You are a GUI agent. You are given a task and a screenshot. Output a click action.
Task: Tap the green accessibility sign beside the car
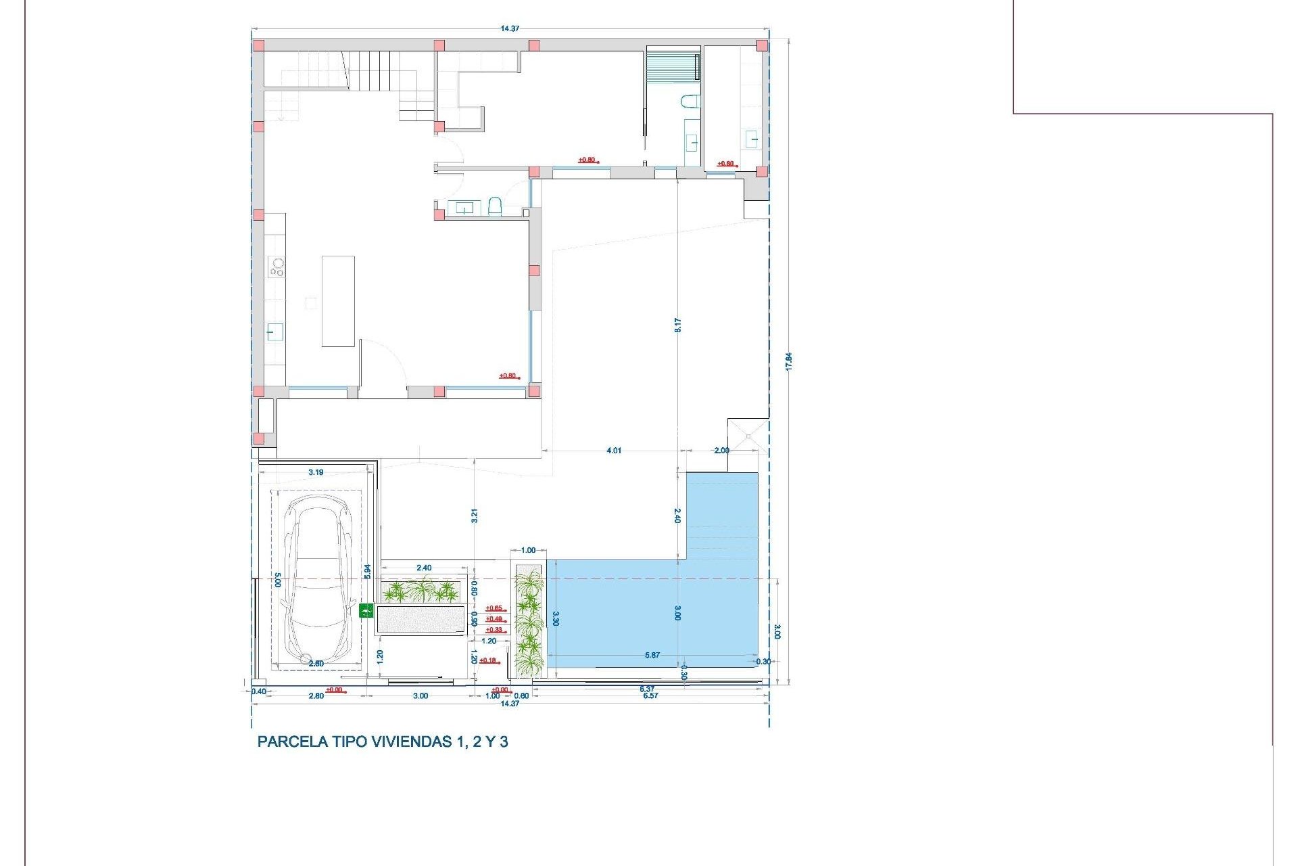click(366, 611)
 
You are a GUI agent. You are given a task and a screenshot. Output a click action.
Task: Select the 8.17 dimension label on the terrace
click(677, 325)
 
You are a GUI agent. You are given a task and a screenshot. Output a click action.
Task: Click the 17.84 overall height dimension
click(788, 361)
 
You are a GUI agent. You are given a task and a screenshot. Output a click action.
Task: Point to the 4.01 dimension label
click(613, 451)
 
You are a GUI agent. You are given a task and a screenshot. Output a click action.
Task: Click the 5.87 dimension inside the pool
click(652, 655)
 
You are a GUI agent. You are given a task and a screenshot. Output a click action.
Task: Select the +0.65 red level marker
click(494, 608)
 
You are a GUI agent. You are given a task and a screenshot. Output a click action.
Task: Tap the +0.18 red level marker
click(488, 660)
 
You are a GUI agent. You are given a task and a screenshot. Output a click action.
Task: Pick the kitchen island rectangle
click(338, 301)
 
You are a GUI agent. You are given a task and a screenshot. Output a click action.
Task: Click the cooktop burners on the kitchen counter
click(277, 267)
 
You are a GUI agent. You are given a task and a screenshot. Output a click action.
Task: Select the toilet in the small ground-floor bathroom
click(494, 206)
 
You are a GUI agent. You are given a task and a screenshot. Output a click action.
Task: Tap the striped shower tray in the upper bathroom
click(672, 66)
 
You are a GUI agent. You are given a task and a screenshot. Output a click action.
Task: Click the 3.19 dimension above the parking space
click(316, 472)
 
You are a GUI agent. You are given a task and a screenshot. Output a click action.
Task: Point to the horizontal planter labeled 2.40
click(422, 592)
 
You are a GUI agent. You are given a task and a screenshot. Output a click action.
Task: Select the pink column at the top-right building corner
click(762, 45)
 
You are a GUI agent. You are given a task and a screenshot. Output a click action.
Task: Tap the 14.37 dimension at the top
click(510, 28)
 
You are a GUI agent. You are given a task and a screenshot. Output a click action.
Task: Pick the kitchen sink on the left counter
click(274, 332)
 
